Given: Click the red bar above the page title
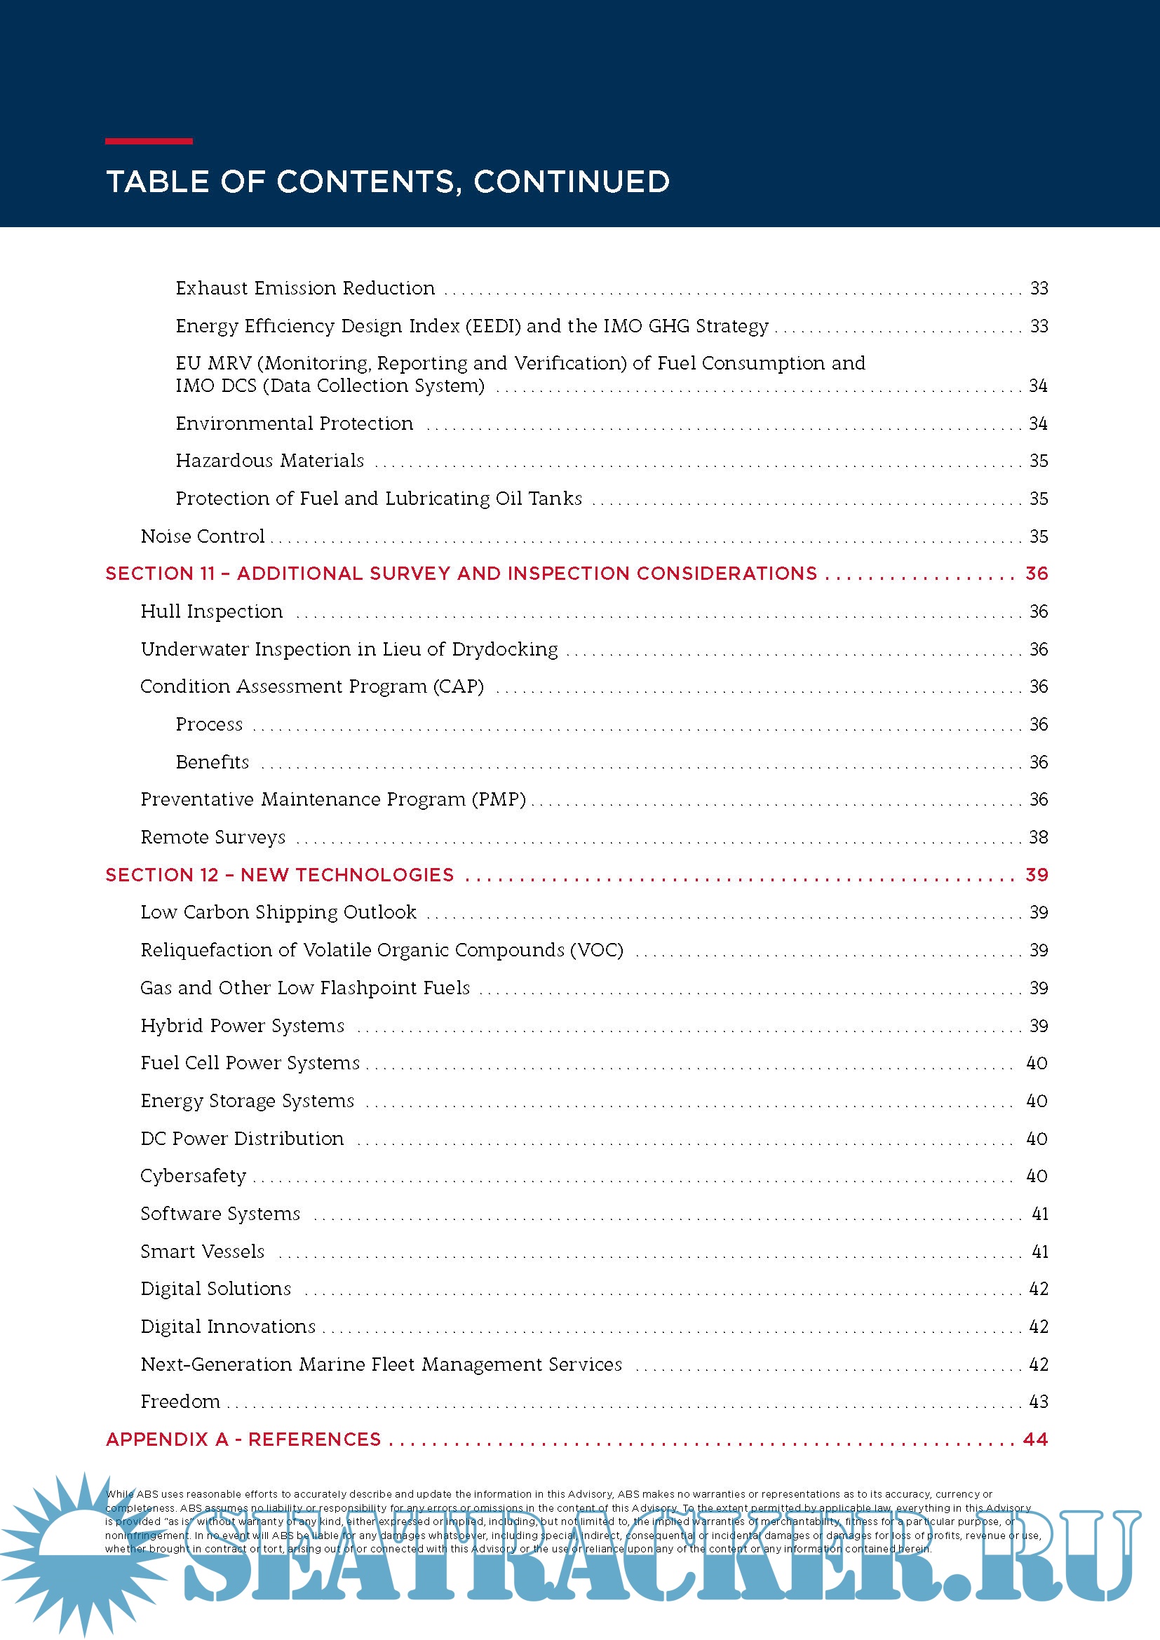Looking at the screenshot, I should pyautogui.click(x=149, y=142).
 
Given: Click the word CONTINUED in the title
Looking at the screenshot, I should pyautogui.click(x=572, y=182).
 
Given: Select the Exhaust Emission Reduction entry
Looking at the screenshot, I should pyautogui.click(x=305, y=288).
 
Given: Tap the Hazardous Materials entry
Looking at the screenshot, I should pyautogui.click(x=270, y=461).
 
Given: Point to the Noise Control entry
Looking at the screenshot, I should pyautogui.click(x=202, y=536).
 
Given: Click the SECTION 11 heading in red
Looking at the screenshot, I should pyautogui.click(x=461, y=574).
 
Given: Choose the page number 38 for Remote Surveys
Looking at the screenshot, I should pyautogui.click(x=1038, y=837).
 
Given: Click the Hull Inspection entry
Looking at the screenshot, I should pyautogui.click(x=211, y=611).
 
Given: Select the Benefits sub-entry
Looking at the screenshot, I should pyautogui.click(x=212, y=762).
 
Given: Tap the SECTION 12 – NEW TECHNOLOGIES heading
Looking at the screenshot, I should pyautogui.click(x=279, y=875).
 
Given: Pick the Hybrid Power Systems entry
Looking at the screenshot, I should pyautogui.click(x=242, y=1026).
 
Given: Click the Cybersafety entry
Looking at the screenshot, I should pyautogui.click(x=193, y=1177).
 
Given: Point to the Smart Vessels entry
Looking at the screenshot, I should pyautogui.click(x=202, y=1252).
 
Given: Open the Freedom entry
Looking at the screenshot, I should pyautogui.click(x=180, y=1402).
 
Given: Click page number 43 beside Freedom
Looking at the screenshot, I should pyautogui.click(x=1038, y=1402).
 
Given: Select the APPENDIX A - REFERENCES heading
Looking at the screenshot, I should pyautogui.click(x=243, y=1439).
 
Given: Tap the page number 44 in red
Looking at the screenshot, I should pyautogui.click(x=1035, y=1439).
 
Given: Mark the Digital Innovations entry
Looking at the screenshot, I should pyautogui.click(x=228, y=1327).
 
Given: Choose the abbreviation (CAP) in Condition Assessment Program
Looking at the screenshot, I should pyautogui.click(x=459, y=686).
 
